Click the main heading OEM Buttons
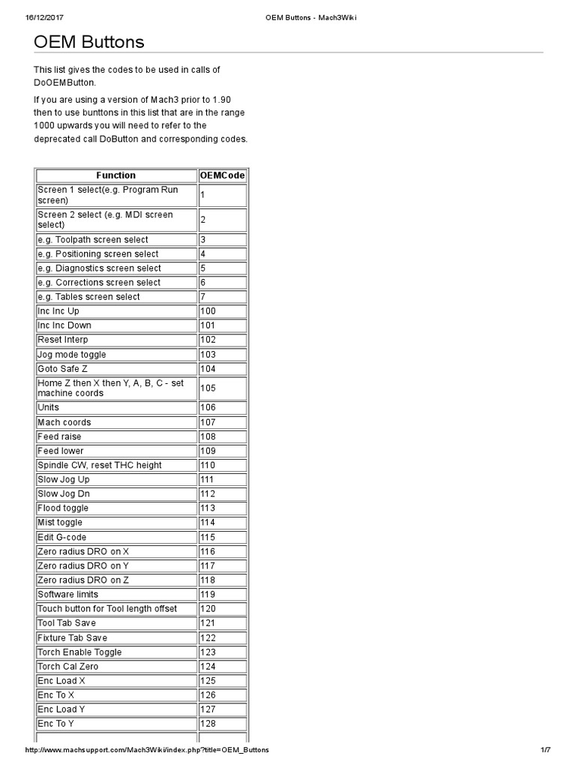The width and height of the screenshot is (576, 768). pos(88,42)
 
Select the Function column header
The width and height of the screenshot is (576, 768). pos(115,175)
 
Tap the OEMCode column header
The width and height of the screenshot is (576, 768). pos(222,175)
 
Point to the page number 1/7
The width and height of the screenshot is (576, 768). pos(545,750)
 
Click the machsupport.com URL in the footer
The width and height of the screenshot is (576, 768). pos(147,750)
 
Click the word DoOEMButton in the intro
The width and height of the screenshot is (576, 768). pos(65,82)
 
